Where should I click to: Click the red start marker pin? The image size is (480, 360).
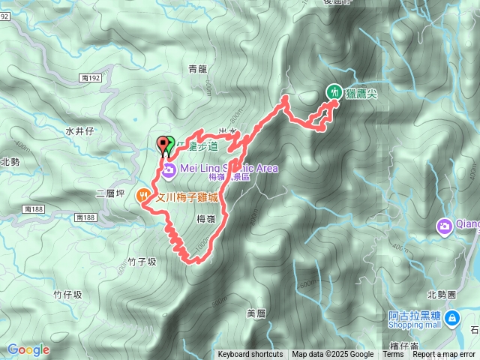click(x=163, y=143)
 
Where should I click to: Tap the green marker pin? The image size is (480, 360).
click(x=169, y=142)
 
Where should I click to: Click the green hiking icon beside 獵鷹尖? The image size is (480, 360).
click(x=332, y=91)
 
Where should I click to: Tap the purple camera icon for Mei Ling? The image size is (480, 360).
click(x=169, y=172)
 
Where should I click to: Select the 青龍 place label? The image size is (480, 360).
click(x=197, y=69)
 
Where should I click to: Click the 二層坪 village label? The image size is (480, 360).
click(x=109, y=193)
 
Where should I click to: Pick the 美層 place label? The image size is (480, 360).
click(x=256, y=312)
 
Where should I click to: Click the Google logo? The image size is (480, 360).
click(x=28, y=349)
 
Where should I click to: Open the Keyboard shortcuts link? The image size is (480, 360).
click(x=250, y=355)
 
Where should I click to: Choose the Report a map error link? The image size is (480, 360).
click(x=444, y=355)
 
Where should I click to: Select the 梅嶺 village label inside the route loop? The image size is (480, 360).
click(x=206, y=218)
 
